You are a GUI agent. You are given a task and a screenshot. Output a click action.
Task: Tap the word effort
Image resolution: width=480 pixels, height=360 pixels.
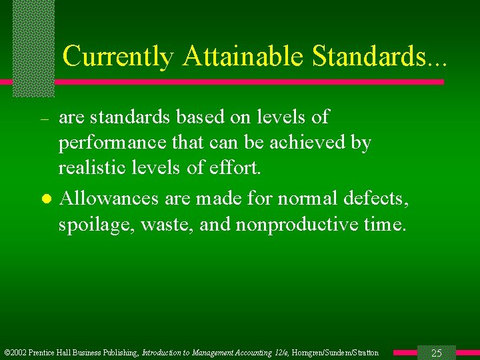(233, 168)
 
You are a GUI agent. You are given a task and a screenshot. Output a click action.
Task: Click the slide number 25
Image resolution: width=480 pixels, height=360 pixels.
(437, 353)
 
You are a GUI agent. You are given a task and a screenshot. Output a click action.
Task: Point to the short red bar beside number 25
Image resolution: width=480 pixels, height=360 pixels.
(405, 352)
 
